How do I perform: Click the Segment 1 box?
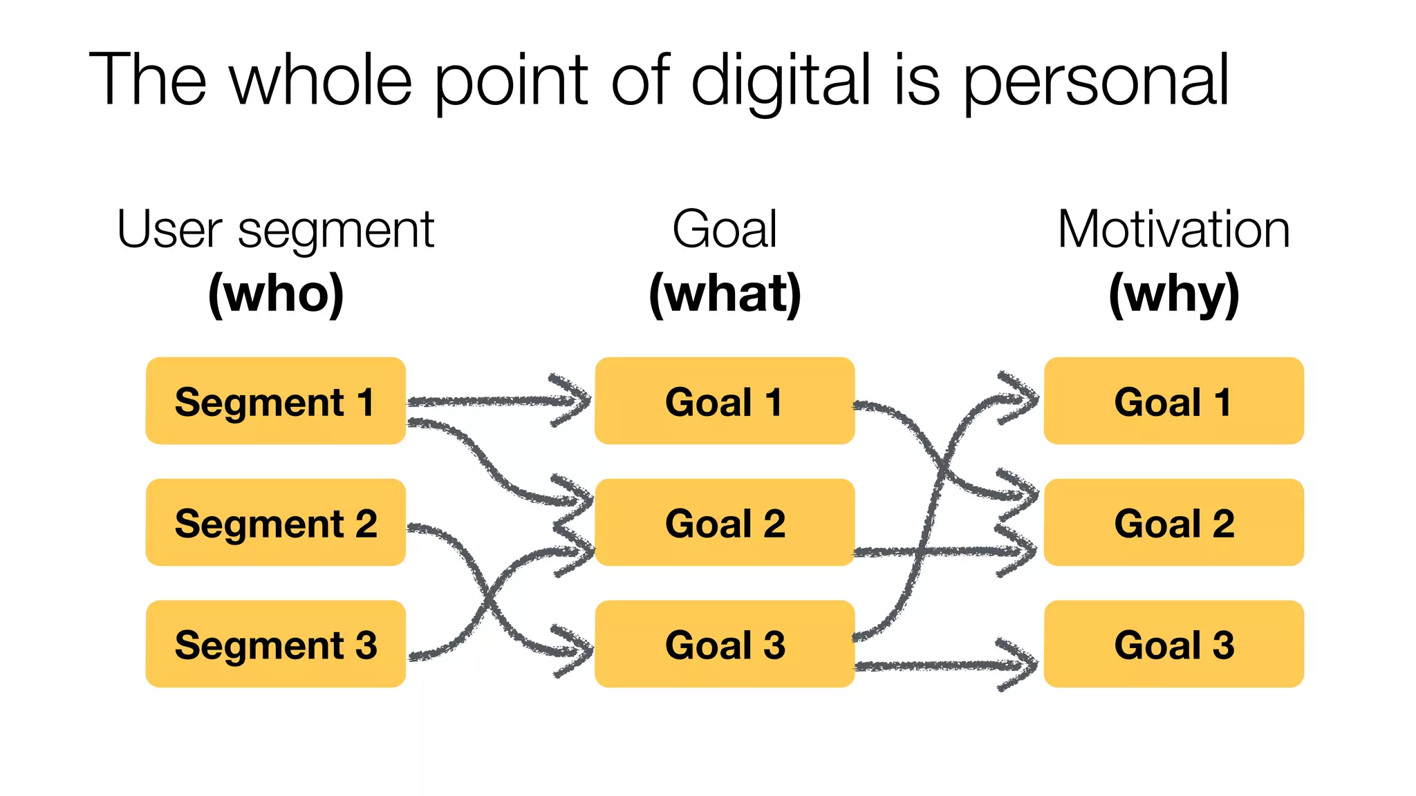(x=275, y=401)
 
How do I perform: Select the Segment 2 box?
(x=275, y=522)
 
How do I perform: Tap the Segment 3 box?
(x=275, y=644)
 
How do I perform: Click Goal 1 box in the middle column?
(x=725, y=401)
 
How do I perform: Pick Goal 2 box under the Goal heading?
(x=725, y=522)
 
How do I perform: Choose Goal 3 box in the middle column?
(x=725, y=644)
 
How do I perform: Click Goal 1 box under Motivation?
(x=1173, y=401)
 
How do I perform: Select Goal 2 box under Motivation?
(x=1173, y=522)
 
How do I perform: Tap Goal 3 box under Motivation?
(x=1173, y=644)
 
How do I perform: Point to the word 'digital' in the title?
(x=781, y=82)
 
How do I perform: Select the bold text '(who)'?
(x=276, y=294)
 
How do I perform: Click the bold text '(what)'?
(x=725, y=294)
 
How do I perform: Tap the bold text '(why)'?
(x=1173, y=294)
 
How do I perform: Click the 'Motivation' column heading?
(x=1173, y=229)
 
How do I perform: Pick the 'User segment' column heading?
(x=276, y=231)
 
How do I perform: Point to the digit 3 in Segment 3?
(x=366, y=645)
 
